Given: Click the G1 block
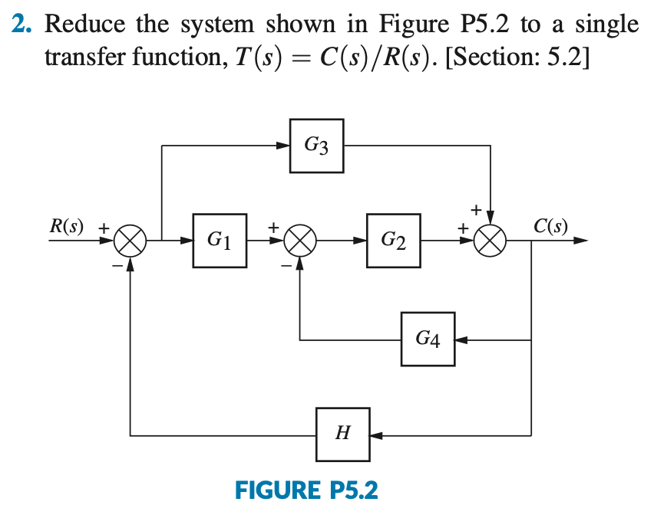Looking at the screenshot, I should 220,241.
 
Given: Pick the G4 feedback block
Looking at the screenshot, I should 428,339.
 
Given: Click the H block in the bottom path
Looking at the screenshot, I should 342,435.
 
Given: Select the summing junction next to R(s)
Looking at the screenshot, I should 130,241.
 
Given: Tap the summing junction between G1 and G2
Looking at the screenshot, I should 300,241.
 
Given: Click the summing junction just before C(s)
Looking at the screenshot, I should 491,241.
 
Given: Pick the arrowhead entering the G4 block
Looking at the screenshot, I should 461,339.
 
